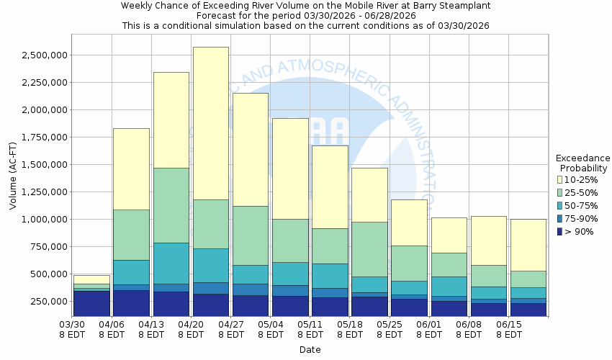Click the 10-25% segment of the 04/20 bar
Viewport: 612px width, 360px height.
point(210,123)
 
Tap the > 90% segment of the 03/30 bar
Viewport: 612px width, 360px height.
point(91,303)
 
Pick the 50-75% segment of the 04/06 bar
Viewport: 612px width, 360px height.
point(131,272)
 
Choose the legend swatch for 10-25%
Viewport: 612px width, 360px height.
point(560,179)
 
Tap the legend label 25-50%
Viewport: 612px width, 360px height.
point(581,192)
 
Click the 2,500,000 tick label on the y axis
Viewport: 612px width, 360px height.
point(45,55)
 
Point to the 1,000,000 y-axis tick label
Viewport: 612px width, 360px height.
point(45,220)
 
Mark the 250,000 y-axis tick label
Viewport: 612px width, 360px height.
point(50,302)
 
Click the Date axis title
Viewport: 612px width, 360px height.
point(310,350)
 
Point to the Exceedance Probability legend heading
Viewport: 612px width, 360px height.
point(583,163)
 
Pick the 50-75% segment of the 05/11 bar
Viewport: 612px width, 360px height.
point(330,276)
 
